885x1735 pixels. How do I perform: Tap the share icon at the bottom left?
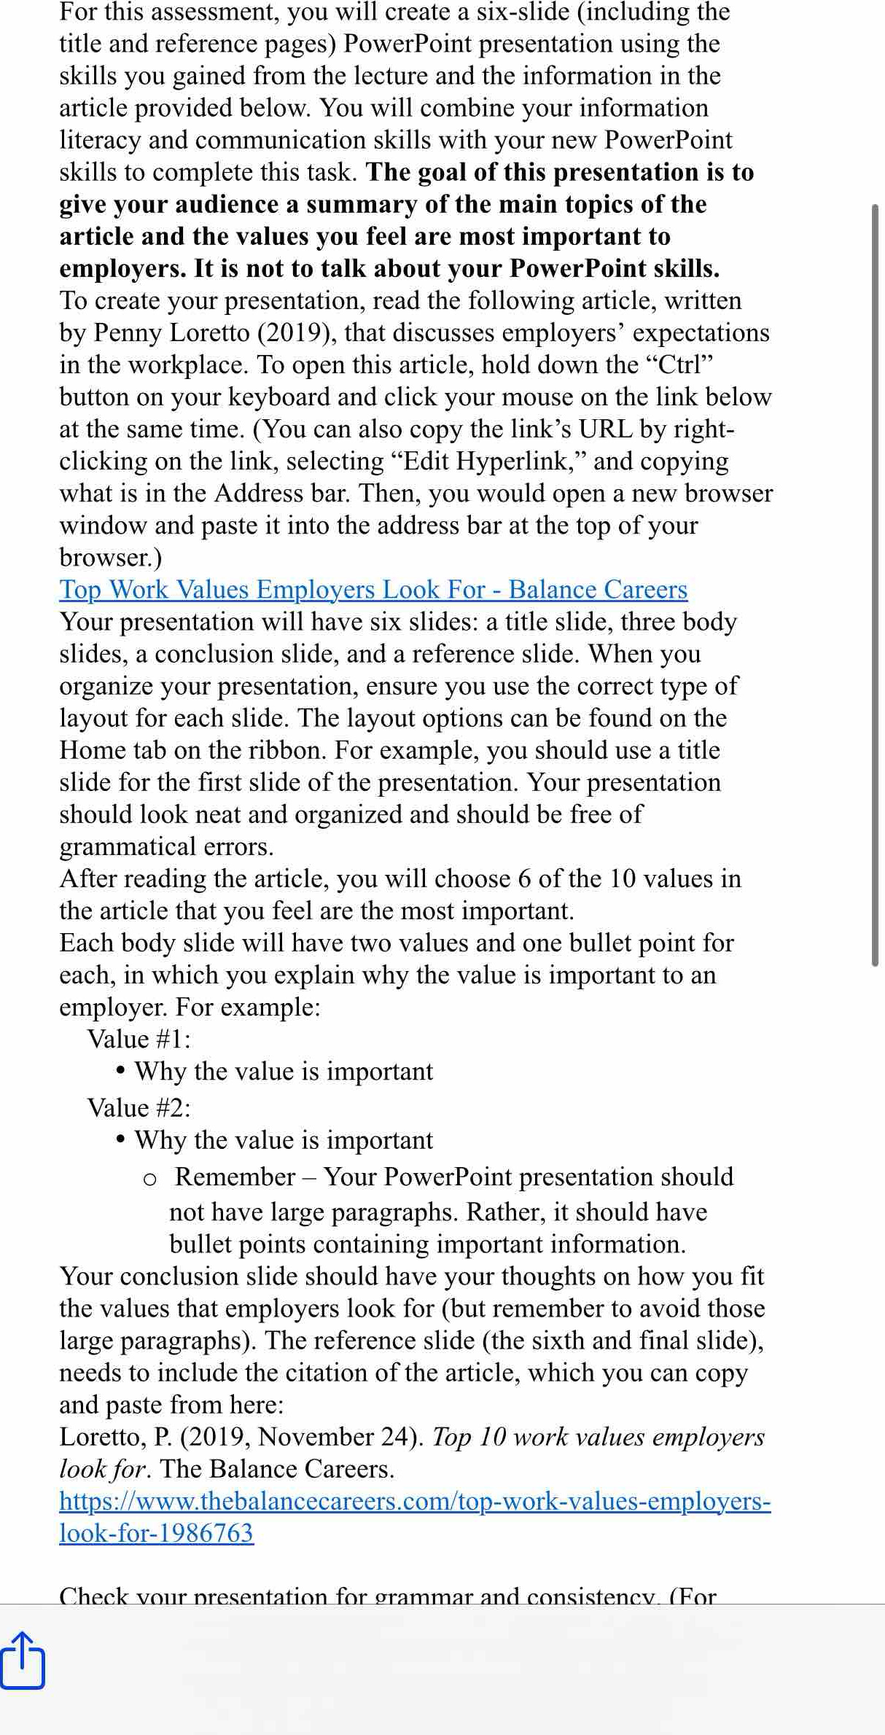coord(23,1661)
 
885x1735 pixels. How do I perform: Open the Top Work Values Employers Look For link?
coord(373,590)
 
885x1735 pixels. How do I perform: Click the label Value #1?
coord(139,1039)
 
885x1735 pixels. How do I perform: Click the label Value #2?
coord(139,1108)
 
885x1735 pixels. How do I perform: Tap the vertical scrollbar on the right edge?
coord(875,583)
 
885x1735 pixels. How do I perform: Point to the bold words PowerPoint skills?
coord(614,269)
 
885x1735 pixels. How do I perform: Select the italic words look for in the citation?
coord(103,1469)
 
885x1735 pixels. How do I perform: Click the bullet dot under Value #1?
coord(120,1071)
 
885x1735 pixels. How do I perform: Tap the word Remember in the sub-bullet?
coord(235,1177)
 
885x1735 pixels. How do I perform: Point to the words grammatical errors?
coord(166,846)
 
